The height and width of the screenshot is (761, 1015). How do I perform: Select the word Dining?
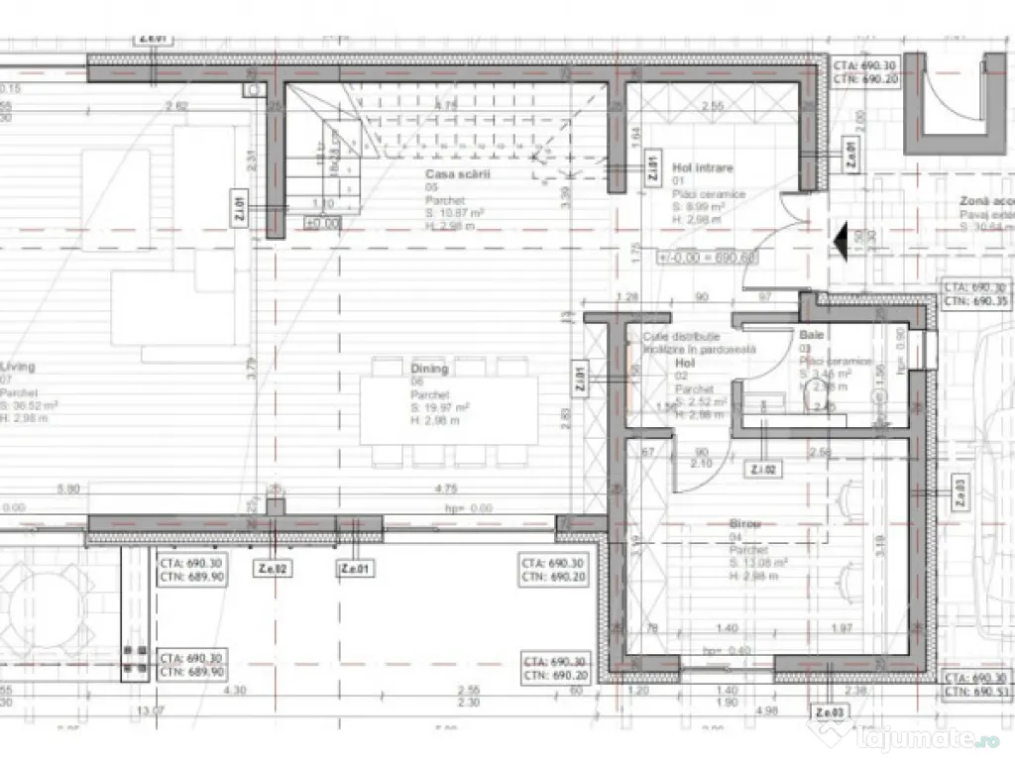point(429,369)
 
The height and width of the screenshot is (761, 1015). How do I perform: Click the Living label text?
point(18,367)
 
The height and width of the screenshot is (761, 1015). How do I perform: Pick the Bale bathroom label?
point(812,336)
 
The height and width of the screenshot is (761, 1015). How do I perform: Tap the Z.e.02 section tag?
point(273,569)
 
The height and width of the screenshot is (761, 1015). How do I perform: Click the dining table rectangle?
point(449,411)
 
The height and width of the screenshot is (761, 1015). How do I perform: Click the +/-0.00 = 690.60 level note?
point(707,257)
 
